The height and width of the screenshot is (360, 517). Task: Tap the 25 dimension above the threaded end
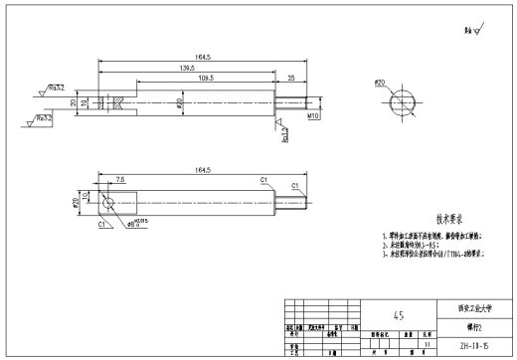(291, 78)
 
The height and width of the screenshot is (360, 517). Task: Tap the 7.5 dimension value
(120, 180)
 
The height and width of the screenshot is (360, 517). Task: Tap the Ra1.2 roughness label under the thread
(284, 131)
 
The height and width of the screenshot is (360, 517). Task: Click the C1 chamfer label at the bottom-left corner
(102, 225)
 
